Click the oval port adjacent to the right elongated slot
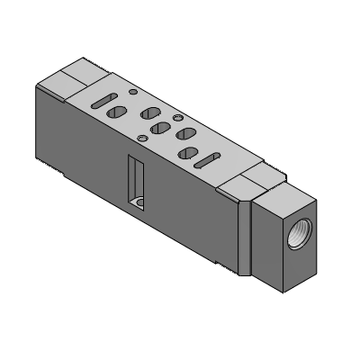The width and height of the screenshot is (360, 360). [x=187, y=154]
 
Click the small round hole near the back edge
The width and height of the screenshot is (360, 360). [x=133, y=92]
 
